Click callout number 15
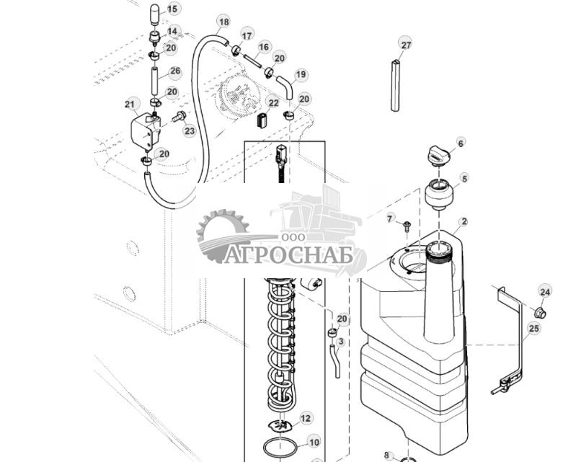[173, 9]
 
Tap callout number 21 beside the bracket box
[130, 105]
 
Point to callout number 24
[545, 292]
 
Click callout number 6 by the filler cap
[461, 143]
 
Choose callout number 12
[306, 418]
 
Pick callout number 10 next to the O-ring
[314, 443]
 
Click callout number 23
[190, 131]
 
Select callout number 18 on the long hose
[224, 22]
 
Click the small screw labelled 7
[407, 226]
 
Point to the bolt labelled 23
[179, 116]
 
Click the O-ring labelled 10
[281, 448]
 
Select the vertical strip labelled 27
[395, 86]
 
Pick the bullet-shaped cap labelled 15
[155, 14]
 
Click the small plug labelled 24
[540, 313]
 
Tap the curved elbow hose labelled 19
[285, 86]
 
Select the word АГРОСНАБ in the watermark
[288, 256]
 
